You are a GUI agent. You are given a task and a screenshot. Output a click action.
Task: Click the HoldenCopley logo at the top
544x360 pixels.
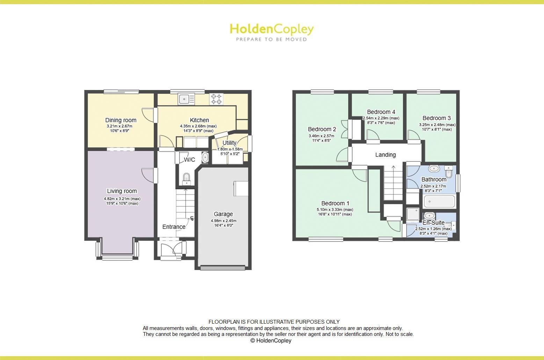point(271,29)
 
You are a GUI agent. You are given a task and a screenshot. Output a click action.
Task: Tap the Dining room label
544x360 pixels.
point(121,120)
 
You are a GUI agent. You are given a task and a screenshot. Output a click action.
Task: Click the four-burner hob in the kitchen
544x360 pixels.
point(216,99)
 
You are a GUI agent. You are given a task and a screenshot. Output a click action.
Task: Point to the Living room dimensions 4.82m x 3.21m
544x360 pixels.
point(122,199)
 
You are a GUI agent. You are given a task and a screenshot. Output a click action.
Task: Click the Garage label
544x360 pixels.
point(223,214)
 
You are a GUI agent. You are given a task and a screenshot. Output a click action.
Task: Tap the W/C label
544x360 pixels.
point(190,160)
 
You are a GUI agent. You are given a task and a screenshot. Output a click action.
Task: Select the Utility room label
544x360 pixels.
point(229,143)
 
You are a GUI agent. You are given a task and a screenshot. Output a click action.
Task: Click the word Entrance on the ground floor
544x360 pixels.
point(174,227)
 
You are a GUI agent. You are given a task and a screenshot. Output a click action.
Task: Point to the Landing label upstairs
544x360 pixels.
point(385,155)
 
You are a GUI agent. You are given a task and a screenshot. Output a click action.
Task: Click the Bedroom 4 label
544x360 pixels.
point(381,112)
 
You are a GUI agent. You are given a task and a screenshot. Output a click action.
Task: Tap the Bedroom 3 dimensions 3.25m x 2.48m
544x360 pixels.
point(437,125)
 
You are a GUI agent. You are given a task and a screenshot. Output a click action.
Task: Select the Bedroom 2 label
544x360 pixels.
point(322,129)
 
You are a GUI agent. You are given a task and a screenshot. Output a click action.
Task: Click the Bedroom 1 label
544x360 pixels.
point(335,203)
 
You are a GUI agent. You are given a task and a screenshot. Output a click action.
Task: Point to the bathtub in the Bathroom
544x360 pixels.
point(439,202)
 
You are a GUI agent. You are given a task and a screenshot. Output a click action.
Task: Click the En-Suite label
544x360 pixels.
point(433,222)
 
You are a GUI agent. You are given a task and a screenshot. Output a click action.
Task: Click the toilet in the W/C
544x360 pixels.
point(187,177)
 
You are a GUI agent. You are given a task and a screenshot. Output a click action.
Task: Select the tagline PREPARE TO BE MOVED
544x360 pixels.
point(271,39)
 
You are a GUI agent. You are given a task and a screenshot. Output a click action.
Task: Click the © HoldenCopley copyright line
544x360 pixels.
point(271,340)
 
